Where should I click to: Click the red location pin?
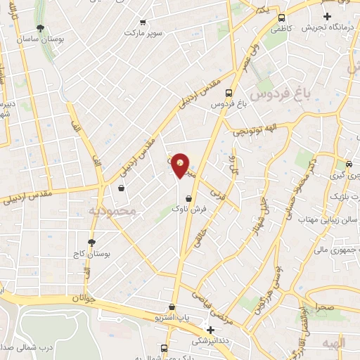181,165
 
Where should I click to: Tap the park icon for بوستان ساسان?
41,29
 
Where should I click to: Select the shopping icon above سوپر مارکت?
143,22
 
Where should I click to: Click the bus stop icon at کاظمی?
281,18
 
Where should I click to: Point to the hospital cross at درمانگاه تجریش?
326,16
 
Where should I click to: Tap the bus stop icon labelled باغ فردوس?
228,93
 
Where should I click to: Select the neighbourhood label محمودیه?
109,211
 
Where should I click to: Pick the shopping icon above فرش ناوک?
188,198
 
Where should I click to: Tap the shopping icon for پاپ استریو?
172,307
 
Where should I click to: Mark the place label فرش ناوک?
188,209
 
